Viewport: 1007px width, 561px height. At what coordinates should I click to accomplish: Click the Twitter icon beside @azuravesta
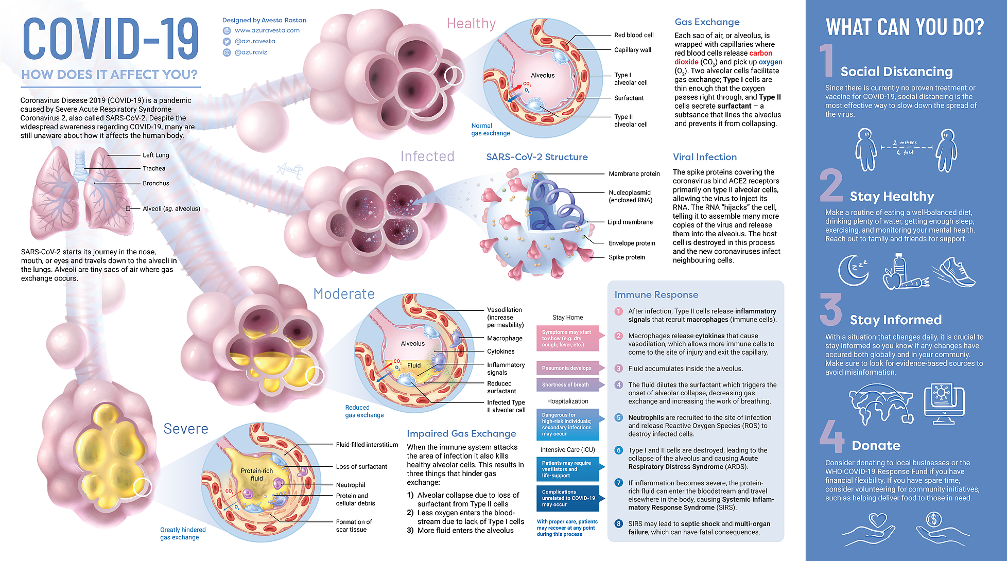(x=227, y=41)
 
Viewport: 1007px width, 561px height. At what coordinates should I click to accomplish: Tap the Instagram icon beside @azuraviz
(x=227, y=52)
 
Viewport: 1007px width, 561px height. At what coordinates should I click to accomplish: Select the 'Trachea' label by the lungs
(x=154, y=168)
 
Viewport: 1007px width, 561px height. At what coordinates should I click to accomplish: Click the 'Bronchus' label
(x=155, y=183)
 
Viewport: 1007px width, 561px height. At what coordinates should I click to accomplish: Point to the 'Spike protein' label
(x=627, y=257)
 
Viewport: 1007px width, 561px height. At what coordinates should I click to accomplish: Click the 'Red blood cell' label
(x=634, y=35)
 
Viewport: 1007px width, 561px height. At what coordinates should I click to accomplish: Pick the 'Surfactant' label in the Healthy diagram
(x=629, y=98)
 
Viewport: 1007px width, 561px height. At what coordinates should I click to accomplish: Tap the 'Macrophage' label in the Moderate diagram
(x=505, y=338)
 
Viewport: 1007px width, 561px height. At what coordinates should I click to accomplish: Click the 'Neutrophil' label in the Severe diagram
(x=351, y=485)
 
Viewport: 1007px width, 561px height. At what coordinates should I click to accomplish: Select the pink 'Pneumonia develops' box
(x=566, y=368)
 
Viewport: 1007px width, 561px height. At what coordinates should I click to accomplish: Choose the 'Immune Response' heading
(x=656, y=294)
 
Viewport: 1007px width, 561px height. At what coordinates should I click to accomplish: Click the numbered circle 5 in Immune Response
(x=619, y=417)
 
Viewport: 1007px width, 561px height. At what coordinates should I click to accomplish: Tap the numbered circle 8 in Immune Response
(x=619, y=524)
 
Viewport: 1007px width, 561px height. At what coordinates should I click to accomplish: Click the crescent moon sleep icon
(x=853, y=270)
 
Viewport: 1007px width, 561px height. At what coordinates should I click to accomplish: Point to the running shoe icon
(x=955, y=272)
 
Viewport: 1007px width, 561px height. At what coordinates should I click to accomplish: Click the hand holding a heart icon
(x=870, y=529)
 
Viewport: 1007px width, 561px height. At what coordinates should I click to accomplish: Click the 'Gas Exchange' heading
(x=707, y=22)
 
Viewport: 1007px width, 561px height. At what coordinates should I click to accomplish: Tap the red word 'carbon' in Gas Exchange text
(x=760, y=53)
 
